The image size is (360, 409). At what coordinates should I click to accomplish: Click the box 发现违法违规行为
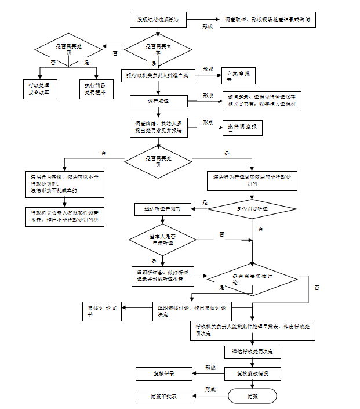pyautogui.click(x=157, y=20)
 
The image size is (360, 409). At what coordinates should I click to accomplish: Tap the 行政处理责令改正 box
pyautogui.click(x=39, y=89)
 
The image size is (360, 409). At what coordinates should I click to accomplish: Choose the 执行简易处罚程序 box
pyautogui.click(x=94, y=89)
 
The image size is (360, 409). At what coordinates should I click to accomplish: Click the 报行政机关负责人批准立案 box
pyautogui.click(x=157, y=75)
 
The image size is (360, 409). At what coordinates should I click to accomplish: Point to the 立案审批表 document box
pyautogui.click(x=238, y=75)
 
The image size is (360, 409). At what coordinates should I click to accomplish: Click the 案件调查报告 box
pyautogui.click(x=242, y=128)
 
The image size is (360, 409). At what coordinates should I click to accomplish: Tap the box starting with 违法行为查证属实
pyautogui.click(x=252, y=180)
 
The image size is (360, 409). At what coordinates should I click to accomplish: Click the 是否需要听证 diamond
pyautogui.click(x=252, y=208)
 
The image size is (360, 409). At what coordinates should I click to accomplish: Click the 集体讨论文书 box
pyautogui.click(x=102, y=310)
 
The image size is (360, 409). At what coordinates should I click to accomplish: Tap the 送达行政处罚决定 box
pyautogui.click(x=252, y=352)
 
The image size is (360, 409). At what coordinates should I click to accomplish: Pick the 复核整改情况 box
pyautogui.click(x=252, y=373)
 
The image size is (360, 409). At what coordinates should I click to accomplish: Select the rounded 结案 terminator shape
pyautogui.click(x=253, y=396)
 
